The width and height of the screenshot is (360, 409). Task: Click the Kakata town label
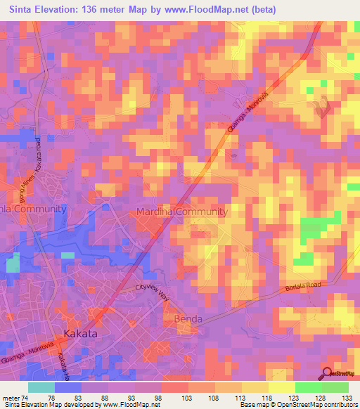[81, 334]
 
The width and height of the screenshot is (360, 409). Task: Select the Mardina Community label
[182, 212]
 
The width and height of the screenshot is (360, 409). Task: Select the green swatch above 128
[308, 387]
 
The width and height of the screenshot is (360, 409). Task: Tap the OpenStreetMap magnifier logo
[328, 374]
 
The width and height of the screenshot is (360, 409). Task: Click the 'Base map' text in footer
[255, 405]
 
